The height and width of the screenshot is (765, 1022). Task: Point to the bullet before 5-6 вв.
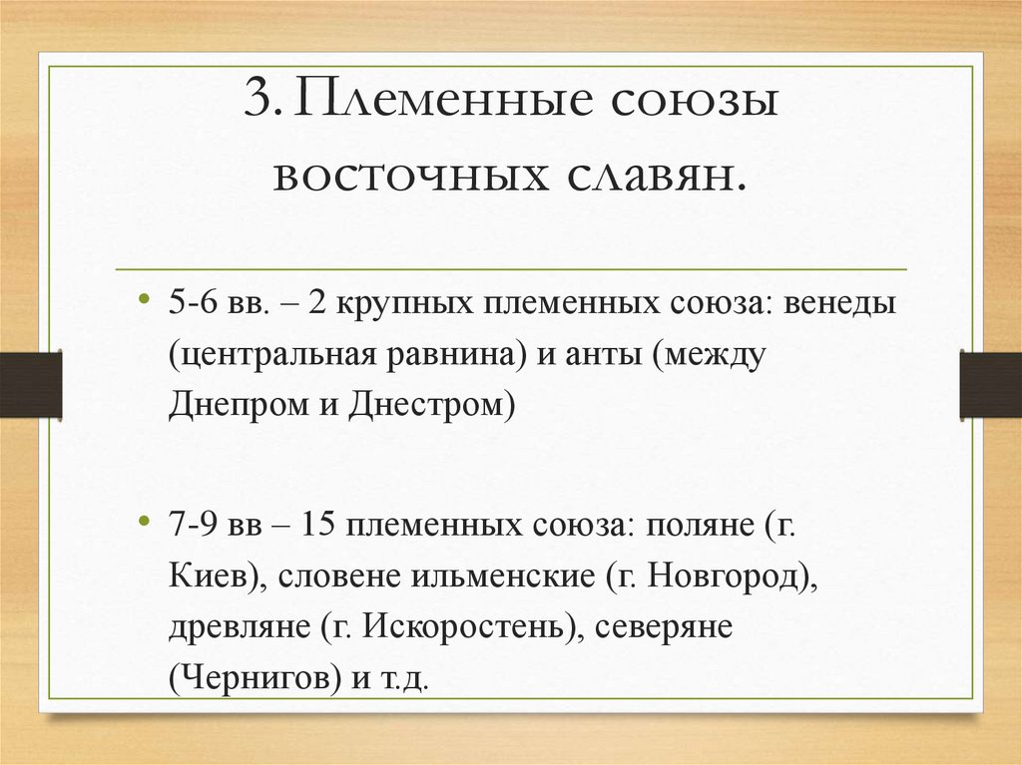click(x=146, y=300)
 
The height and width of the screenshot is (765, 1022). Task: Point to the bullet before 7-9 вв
click(x=146, y=523)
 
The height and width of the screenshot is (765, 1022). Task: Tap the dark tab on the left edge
click(x=30, y=385)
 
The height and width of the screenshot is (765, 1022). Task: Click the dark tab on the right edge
click(x=991, y=385)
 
